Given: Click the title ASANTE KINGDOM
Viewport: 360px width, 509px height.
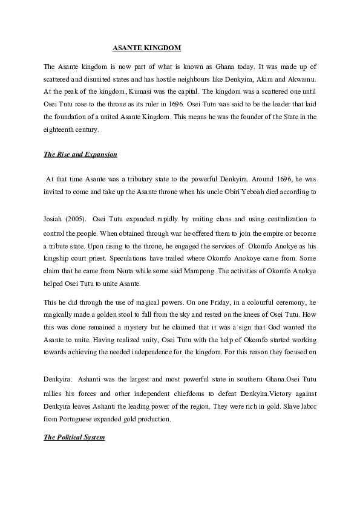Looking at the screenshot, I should (x=147, y=47).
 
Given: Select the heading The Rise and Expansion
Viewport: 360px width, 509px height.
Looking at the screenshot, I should (x=80, y=154).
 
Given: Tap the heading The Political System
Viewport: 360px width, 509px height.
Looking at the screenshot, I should (x=74, y=436).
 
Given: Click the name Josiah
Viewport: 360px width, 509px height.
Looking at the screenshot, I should (x=54, y=217).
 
